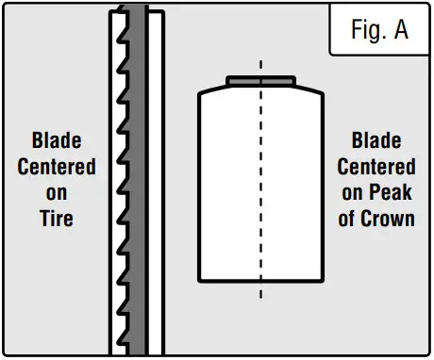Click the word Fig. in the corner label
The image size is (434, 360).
coord(366,30)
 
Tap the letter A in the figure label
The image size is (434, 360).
coord(400,30)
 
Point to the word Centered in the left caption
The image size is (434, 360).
coord(57,168)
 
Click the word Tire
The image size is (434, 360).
coord(57,219)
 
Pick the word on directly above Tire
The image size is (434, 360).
coord(57,194)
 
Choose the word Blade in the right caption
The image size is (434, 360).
coord(376,142)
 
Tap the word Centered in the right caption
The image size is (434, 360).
coord(376,168)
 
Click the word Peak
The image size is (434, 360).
coord(396,193)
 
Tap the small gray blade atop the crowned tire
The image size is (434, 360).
coord(260,81)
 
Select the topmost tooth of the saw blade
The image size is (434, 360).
coord(119,21)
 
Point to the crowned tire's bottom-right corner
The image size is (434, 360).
coord(323,280)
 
